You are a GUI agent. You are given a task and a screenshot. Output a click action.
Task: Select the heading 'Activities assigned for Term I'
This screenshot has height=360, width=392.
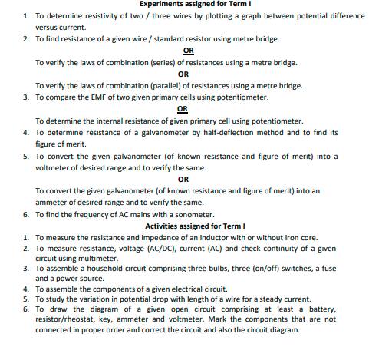195,226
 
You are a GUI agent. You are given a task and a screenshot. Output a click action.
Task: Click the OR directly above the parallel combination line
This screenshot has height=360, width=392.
183,74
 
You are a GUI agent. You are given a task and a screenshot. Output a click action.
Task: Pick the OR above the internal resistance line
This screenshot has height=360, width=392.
183,109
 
